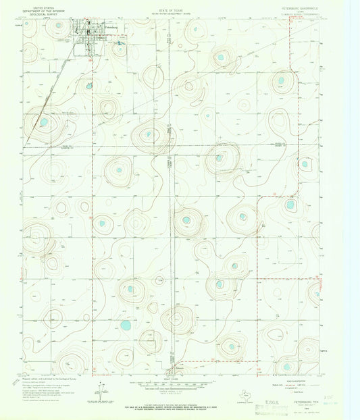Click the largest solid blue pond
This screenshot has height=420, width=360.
pos(125,325)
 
